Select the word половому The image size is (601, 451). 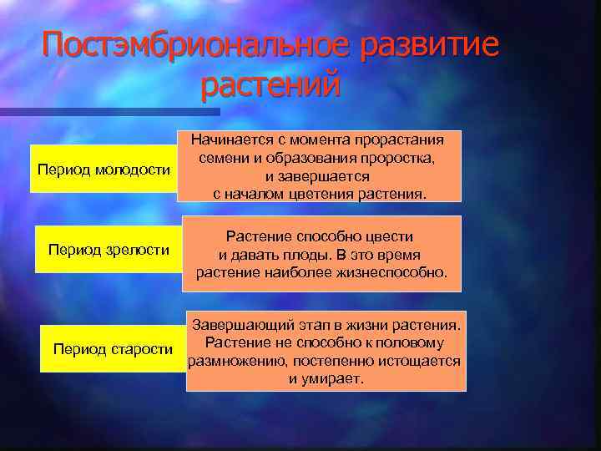(410, 342)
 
